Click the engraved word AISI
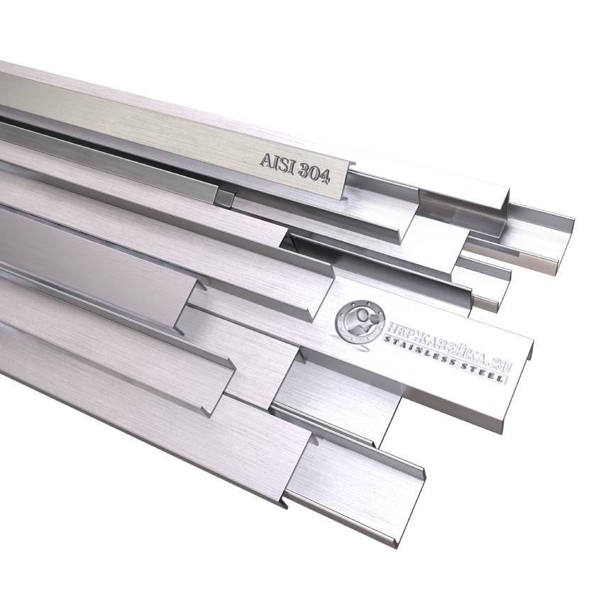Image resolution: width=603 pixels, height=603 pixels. (x=277, y=163)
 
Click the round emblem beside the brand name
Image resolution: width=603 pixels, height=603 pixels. (x=359, y=321)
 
